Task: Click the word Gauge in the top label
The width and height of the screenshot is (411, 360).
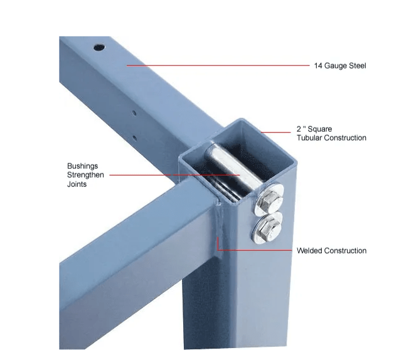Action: click(336, 66)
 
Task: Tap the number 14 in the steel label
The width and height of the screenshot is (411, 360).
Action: click(318, 65)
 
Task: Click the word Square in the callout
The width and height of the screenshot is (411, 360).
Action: click(320, 129)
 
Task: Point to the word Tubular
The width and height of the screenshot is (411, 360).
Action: click(309, 138)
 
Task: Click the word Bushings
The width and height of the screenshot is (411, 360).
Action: click(83, 166)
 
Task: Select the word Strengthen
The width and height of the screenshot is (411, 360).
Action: click(85, 175)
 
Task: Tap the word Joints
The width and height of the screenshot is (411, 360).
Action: click(77, 184)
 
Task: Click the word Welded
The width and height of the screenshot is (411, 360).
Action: click(309, 251)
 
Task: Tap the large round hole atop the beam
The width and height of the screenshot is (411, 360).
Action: click(99, 48)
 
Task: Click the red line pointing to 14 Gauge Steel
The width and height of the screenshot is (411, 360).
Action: click(218, 65)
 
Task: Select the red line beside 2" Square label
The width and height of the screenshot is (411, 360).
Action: click(275, 132)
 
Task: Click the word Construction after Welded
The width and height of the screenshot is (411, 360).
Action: click(345, 251)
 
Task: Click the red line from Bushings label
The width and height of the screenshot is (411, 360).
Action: click(174, 175)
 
